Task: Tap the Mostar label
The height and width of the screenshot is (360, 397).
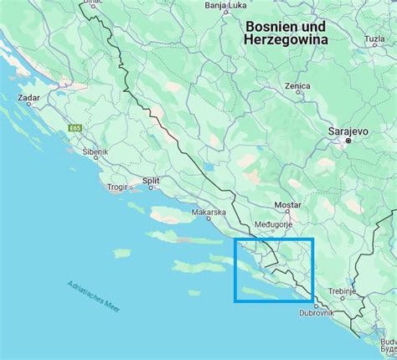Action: coord(288,205)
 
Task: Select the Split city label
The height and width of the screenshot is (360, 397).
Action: coord(151,180)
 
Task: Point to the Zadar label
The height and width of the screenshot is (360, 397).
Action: coord(29,98)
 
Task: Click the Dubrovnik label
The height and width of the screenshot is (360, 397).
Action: coord(317,313)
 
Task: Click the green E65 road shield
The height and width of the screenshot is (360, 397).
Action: coord(75,127)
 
